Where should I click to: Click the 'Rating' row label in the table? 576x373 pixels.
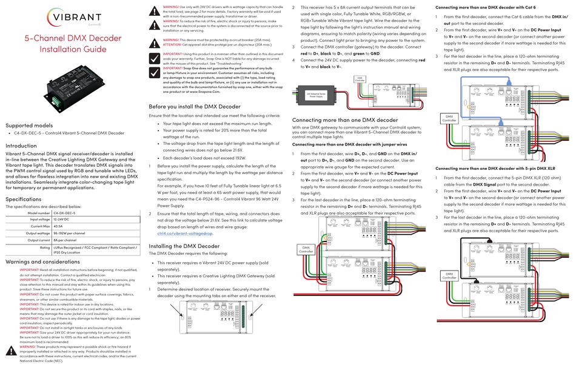(x=45, y=247)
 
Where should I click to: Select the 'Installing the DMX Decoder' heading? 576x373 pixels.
(x=184, y=246)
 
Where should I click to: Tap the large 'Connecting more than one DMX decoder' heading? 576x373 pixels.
(x=345, y=120)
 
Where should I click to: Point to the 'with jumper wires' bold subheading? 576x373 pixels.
(x=346, y=144)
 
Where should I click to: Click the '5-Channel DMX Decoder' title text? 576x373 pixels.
(x=72, y=38)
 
